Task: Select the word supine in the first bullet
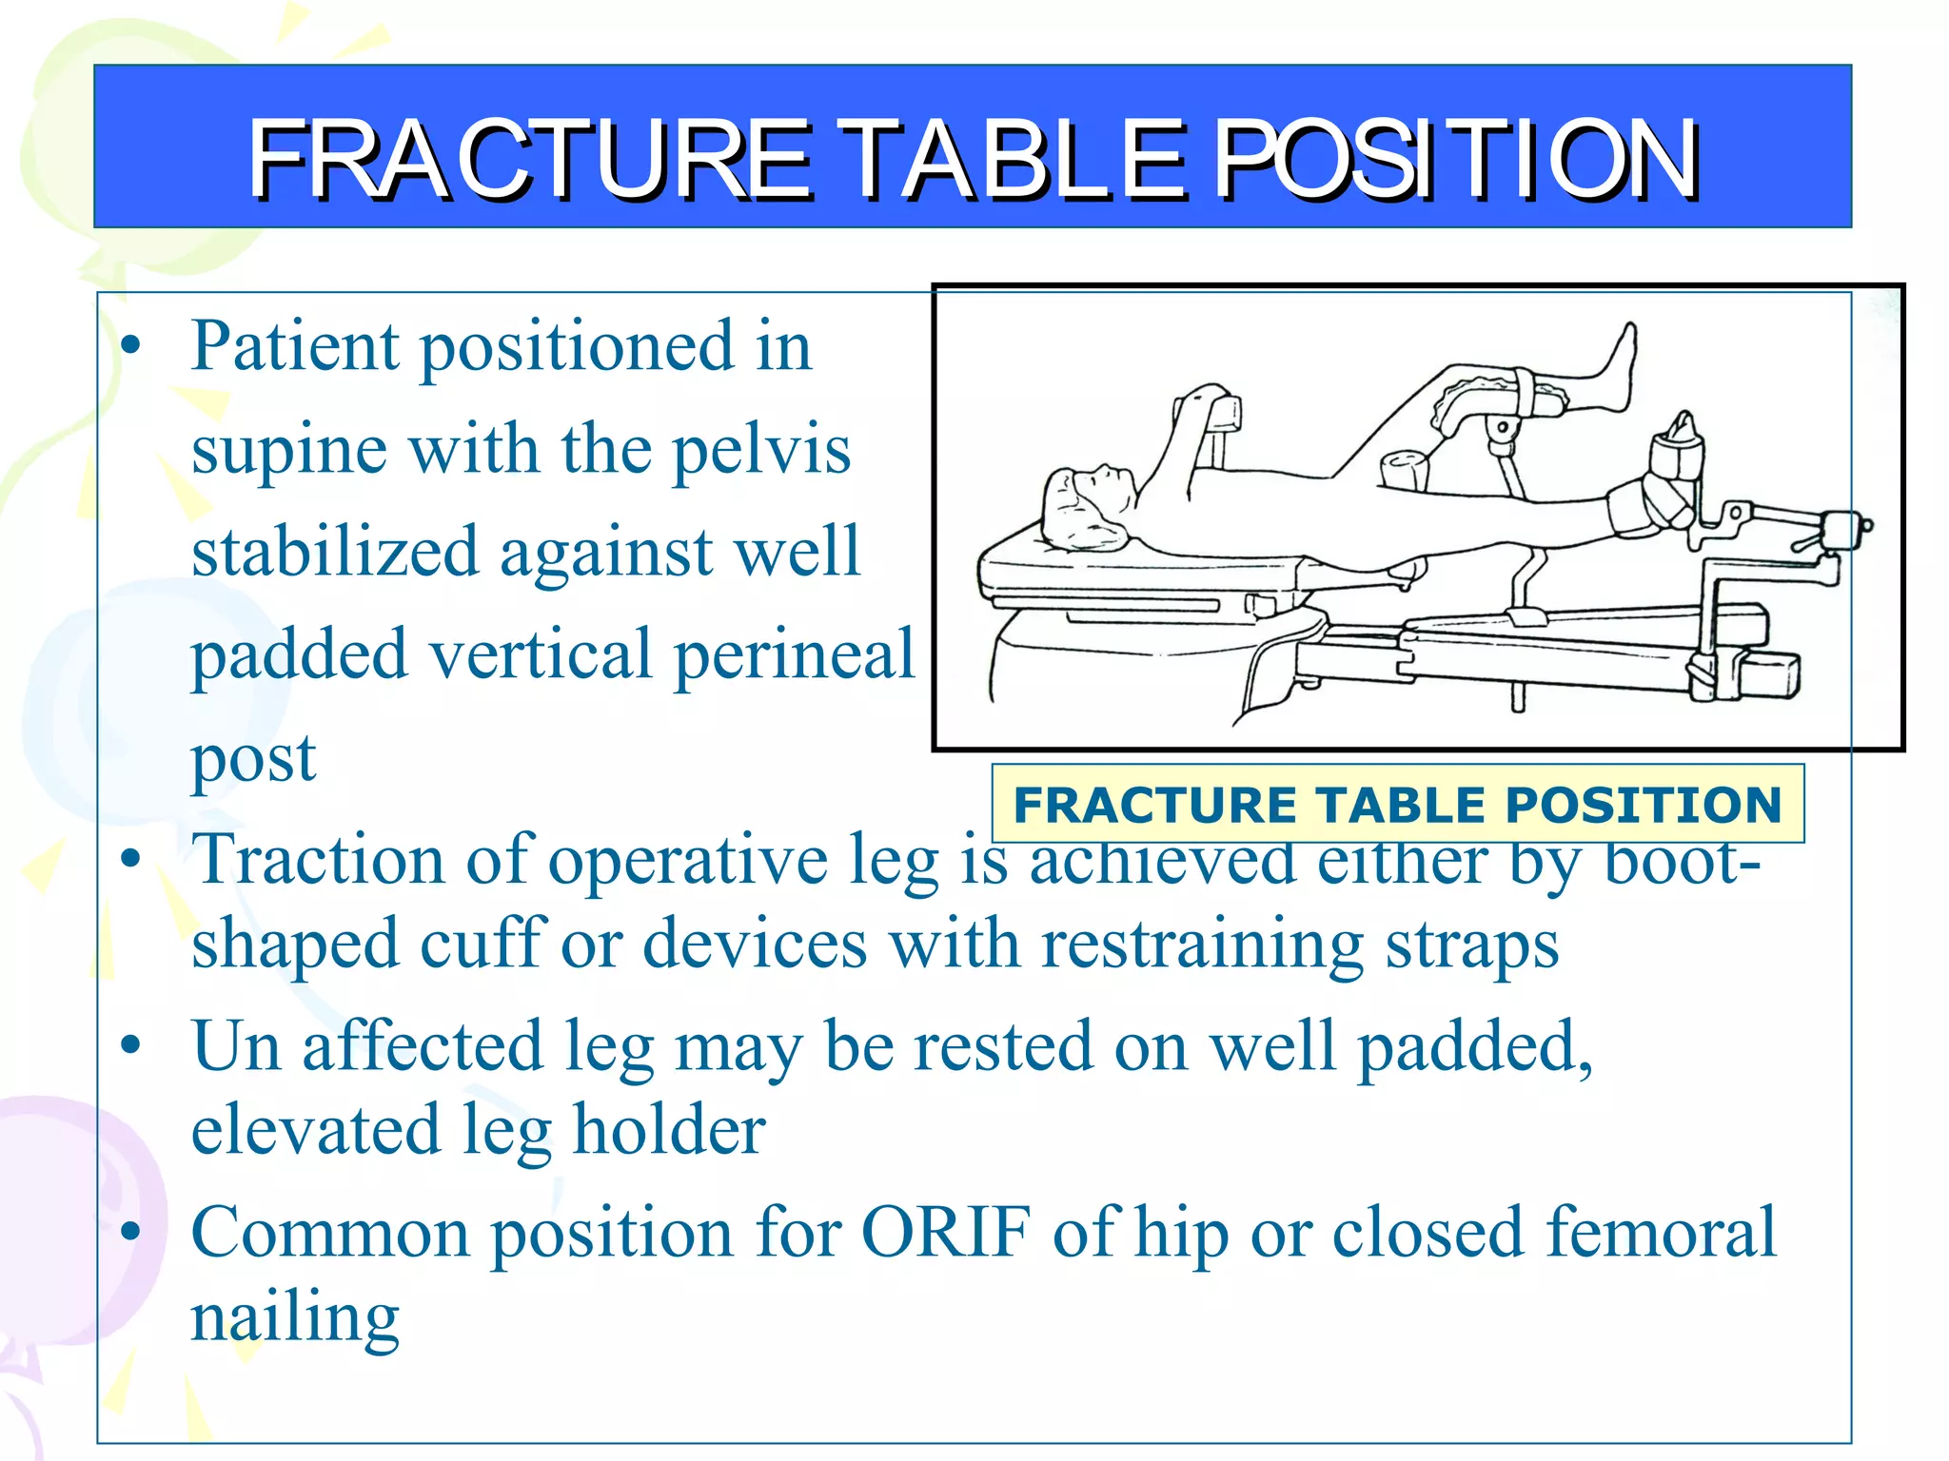coord(288,449)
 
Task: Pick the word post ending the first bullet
coord(253,759)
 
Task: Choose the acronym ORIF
coord(946,1233)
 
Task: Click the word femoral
coord(1660,1233)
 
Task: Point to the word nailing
coord(295,1318)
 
